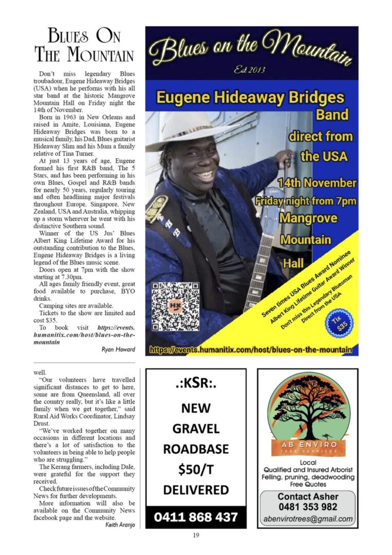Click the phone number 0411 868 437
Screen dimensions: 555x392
tap(196, 516)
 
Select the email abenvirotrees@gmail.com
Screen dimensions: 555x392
tap(308, 519)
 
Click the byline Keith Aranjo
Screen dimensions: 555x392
tap(121, 525)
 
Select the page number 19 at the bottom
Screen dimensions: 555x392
tap(196, 535)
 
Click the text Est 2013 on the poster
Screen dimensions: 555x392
tap(251, 70)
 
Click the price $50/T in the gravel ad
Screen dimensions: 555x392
tap(196, 469)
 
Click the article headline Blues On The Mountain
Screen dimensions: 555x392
tap(84, 45)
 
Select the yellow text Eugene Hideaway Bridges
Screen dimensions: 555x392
tap(250, 97)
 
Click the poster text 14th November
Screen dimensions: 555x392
tap(317, 183)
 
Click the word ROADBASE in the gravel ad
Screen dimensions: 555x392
tap(196, 449)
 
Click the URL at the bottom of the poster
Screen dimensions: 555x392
tap(251, 350)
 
